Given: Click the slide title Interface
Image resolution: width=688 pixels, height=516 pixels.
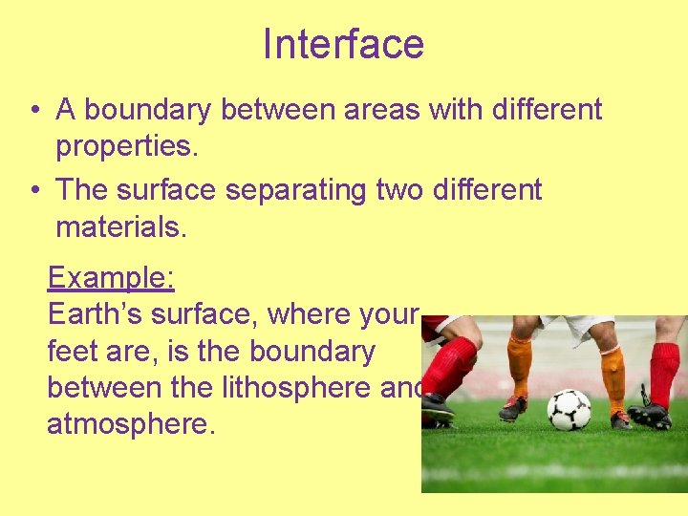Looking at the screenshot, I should point(343,44).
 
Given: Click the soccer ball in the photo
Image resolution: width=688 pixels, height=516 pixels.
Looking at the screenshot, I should point(569,408).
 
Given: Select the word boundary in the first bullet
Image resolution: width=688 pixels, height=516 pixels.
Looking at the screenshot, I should point(153,110).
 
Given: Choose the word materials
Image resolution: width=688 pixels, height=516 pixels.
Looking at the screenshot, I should point(121,227).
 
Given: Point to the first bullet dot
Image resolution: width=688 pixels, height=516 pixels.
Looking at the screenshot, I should point(33,111).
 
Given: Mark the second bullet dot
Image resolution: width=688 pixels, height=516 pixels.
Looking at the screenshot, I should point(33,191).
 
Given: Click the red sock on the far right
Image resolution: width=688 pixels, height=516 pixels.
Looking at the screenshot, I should point(662,374).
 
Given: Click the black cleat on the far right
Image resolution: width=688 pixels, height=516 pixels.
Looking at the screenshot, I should point(651,415).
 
